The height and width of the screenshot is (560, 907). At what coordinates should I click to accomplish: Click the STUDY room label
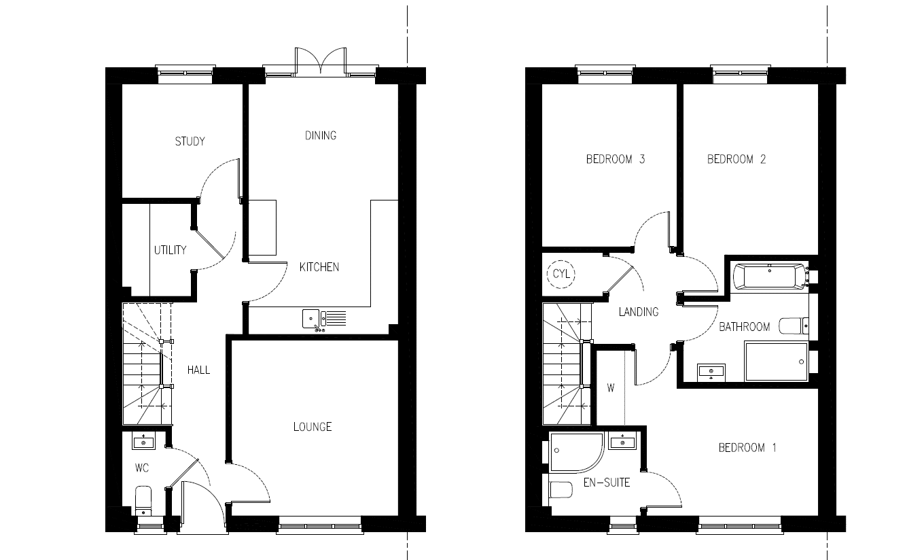coord(190,141)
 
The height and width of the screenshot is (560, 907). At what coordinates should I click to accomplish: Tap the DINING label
coord(320,135)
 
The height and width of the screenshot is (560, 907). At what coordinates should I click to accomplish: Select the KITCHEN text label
coord(319,267)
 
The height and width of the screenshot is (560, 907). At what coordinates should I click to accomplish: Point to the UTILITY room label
coord(170,250)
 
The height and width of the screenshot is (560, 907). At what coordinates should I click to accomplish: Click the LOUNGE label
coord(313,426)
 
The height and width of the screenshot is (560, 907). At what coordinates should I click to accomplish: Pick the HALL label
coord(198,370)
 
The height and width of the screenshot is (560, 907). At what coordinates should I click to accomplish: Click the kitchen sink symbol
coord(324,320)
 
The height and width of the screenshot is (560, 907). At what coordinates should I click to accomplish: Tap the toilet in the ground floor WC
coord(143,501)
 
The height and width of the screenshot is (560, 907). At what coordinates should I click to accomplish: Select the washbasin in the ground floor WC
coord(143,440)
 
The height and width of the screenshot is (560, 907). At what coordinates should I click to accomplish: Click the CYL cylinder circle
coord(561,274)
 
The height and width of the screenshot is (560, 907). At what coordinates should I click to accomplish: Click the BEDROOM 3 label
coord(615,159)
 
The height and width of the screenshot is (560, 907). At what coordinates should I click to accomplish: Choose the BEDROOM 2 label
coord(736,159)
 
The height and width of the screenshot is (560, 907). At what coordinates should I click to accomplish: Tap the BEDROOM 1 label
coord(747,447)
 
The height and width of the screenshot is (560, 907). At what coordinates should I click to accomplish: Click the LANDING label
coord(639,312)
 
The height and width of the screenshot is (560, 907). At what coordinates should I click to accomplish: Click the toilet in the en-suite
coord(561,490)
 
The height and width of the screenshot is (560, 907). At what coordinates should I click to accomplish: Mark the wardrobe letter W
coord(611,388)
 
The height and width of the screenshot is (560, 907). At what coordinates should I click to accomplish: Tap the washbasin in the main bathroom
coord(711,372)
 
